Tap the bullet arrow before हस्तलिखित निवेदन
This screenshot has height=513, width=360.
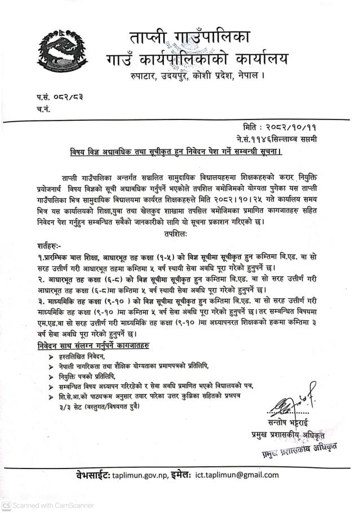pos(52,357)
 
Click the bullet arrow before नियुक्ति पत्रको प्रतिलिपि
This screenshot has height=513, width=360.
pos(52,376)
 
